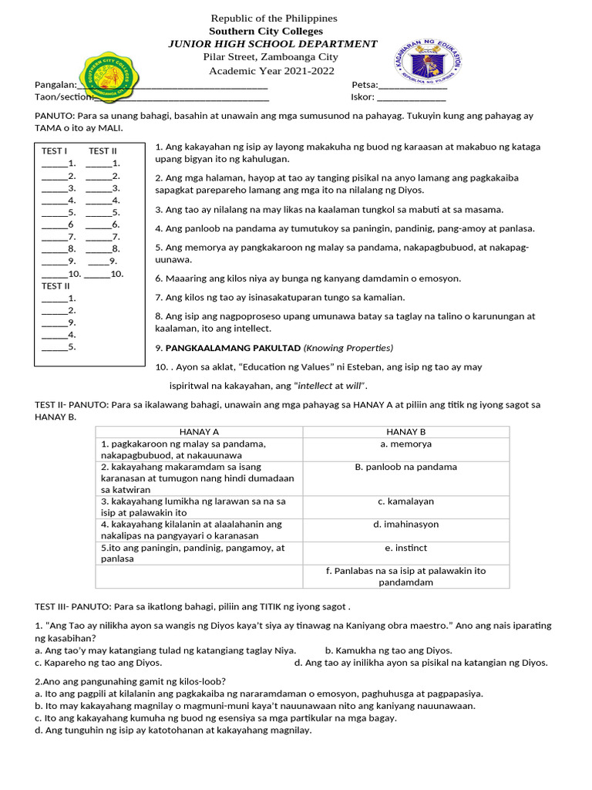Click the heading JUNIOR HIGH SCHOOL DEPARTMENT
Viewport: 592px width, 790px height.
(x=273, y=44)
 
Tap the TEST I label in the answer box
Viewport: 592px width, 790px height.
(x=54, y=151)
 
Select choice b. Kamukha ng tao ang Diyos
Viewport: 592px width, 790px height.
(x=388, y=650)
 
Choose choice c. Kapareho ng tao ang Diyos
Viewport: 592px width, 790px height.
(x=99, y=663)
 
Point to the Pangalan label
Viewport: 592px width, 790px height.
(x=55, y=85)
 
